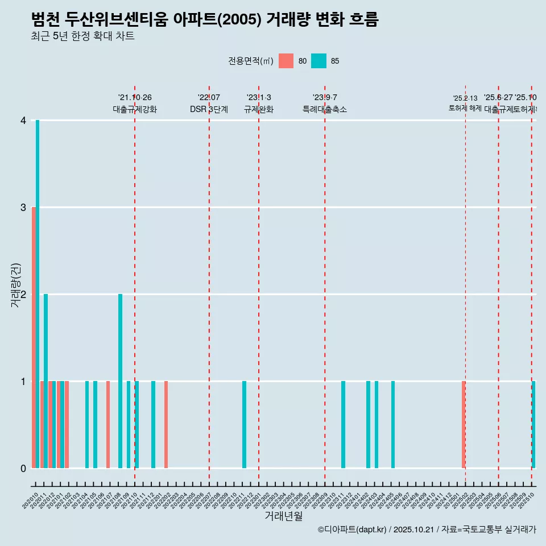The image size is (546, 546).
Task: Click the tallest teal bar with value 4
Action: (x=38, y=293)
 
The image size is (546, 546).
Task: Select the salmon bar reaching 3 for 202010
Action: (x=34, y=337)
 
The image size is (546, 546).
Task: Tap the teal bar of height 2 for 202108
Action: (x=120, y=380)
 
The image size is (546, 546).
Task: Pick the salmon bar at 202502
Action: (x=464, y=424)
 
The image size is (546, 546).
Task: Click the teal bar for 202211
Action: (x=244, y=424)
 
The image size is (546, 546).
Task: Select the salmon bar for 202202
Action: (x=166, y=424)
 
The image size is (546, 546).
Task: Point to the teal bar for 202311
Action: (x=343, y=424)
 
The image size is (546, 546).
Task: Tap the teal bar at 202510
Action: (x=533, y=424)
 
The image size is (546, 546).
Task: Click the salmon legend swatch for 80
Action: (x=286, y=61)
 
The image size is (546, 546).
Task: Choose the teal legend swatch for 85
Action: (x=318, y=61)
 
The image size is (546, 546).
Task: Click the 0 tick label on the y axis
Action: (x=23, y=468)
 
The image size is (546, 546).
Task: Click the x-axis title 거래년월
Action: (x=283, y=516)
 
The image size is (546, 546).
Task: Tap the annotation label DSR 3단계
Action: (x=209, y=109)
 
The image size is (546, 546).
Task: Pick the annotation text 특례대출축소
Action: (x=324, y=109)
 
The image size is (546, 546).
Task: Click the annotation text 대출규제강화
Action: (x=134, y=109)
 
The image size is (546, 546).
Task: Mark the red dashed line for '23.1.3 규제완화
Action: (x=259, y=284)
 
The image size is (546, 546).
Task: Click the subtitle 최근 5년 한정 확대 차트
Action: (x=83, y=36)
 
